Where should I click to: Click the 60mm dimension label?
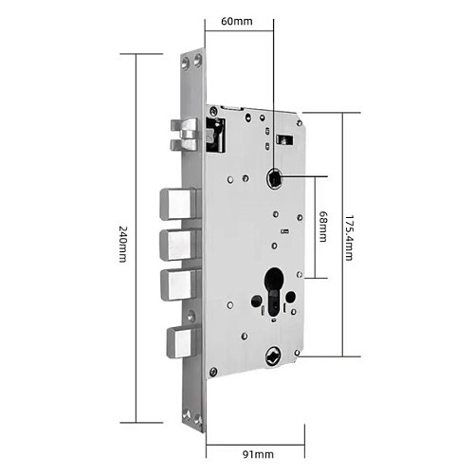coord(237,21)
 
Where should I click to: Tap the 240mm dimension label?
coord(122,244)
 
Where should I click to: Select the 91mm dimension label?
coord(258,454)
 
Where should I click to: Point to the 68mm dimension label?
coord(322,227)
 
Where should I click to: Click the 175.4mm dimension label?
coord(348,238)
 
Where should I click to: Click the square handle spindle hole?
coord(274,177)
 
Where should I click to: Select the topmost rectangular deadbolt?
coord(179,204)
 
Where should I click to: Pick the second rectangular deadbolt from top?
coord(180,245)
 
